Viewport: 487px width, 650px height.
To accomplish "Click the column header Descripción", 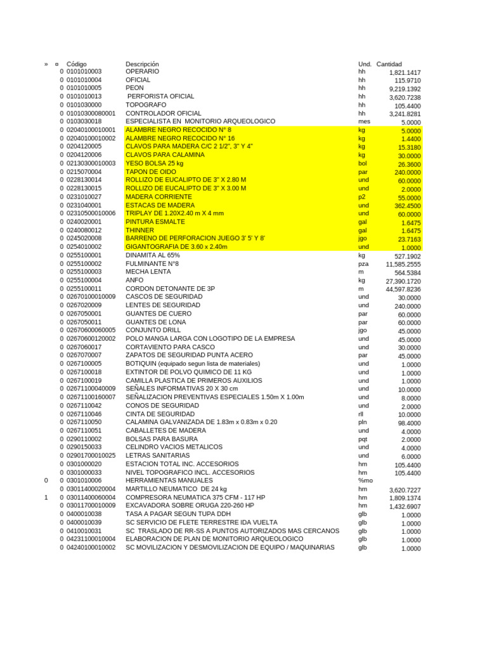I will [142, 64].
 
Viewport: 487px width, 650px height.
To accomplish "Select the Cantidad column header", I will [389, 64].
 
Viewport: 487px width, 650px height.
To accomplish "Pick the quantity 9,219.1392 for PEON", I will [405, 90].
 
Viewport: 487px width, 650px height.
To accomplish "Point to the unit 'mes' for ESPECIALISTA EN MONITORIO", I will [364, 121].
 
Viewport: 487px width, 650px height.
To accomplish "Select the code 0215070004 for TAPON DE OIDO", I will [84, 171].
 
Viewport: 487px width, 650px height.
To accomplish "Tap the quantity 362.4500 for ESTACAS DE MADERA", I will [407, 206].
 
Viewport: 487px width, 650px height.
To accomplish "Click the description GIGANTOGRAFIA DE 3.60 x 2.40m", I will [176, 246].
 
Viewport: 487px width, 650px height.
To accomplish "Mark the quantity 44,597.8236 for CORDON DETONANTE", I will [403, 289].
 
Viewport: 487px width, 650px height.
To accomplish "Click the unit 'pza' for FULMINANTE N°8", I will [363, 263].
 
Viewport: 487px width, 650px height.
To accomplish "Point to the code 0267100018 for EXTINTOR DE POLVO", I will [84, 372].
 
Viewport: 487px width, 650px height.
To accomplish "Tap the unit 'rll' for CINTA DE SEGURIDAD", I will [361, 414].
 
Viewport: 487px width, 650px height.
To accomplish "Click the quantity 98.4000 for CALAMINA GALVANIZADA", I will [409, 423].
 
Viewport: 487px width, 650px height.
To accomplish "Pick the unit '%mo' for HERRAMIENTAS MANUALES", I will [365, 481].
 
